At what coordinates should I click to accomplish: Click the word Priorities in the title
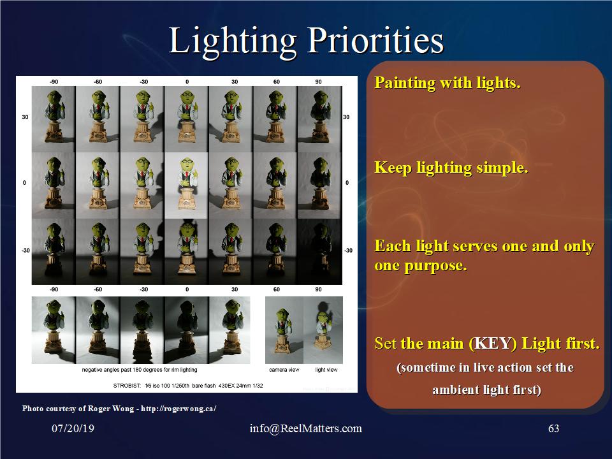click(375, 41)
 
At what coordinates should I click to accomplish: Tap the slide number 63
click(553, 428)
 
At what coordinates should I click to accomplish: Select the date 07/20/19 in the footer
click(73, 428)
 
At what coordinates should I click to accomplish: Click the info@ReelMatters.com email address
click(305, 428)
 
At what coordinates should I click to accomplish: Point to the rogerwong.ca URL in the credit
click(178, 409)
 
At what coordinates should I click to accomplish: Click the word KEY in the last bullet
click(493, 344)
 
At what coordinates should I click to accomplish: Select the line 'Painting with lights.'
click(448, 83)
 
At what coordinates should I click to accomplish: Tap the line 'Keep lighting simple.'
click(451, 168)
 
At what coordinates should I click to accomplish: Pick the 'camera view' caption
click(284, 370)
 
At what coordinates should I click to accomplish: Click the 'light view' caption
click(326, 370)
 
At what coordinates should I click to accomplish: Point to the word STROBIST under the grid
click(127, 386)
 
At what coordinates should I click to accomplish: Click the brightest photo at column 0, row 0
click(186, 186)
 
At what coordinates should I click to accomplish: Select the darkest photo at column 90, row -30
click(319, 251)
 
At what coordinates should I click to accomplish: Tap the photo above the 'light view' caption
click(323, 330)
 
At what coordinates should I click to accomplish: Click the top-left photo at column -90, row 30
click(54, 119)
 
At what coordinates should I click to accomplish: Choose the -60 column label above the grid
click(98, 82)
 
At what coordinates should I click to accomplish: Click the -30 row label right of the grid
click(348, 251)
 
